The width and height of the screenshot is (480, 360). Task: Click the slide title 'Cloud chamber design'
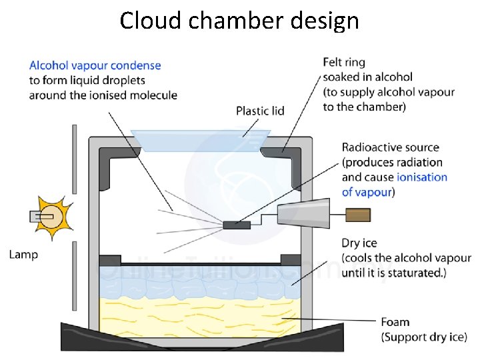coord(239,21)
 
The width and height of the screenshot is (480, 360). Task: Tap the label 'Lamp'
coord(24,254)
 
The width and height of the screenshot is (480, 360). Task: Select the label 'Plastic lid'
coord(260,111)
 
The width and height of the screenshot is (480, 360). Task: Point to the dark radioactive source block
coord(237,225)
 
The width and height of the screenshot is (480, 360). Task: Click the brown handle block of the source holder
coord(358,215)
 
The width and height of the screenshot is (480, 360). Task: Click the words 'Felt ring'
coord(344,63)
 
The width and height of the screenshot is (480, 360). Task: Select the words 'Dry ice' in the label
coord(361,243)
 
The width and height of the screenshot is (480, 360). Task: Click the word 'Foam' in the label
coord(396,322)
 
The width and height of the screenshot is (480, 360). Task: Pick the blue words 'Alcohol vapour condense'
coord(95,65)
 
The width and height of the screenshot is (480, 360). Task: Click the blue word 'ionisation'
coord(422,177)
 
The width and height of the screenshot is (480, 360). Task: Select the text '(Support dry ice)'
coord(424,337)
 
